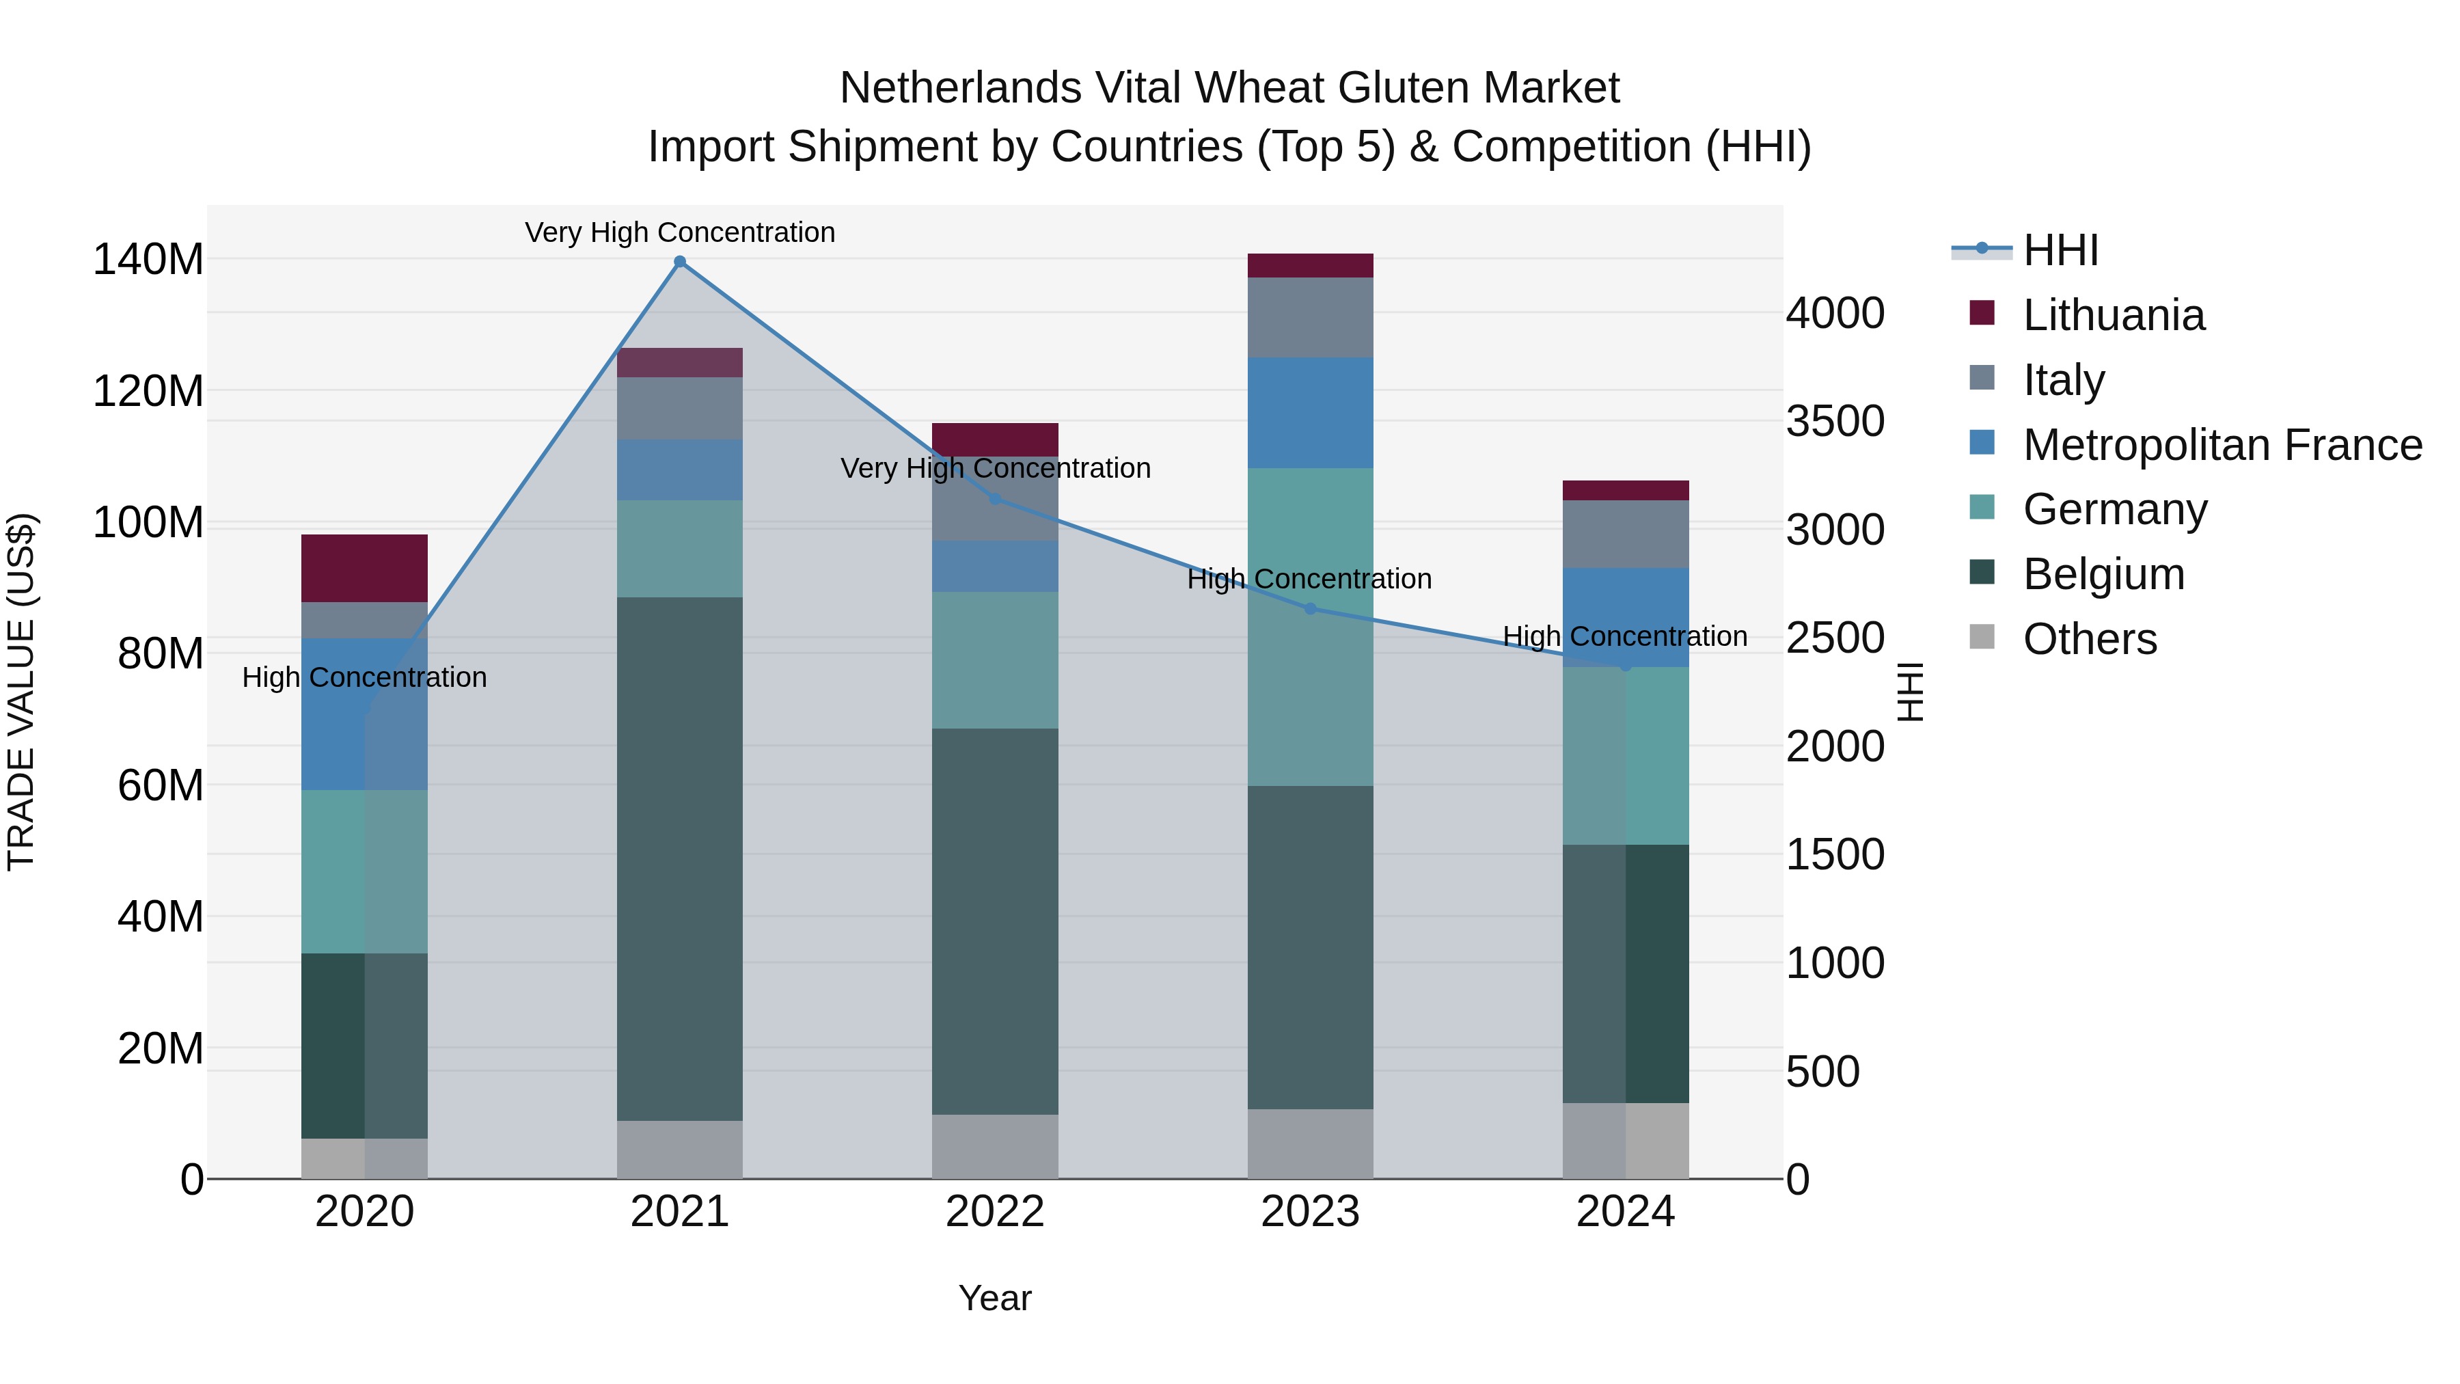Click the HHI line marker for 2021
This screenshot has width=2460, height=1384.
[680, 262]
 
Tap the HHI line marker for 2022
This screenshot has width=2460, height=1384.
[995, 499]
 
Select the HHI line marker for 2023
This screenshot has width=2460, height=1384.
[1310, 608]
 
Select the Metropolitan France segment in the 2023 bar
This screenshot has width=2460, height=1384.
[1310, 413]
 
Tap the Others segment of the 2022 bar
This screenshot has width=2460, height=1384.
[995, 1146]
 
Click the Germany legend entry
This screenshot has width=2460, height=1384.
[2114, 509]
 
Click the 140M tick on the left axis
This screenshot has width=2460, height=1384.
[148, 260]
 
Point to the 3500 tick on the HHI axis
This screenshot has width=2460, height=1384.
[1835, 421]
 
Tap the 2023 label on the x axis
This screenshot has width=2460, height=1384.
[1310, 1211]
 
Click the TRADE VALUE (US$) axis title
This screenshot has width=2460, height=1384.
[21, 692]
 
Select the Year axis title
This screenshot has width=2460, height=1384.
[995, 1298]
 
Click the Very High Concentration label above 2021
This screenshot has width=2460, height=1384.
[680, 232]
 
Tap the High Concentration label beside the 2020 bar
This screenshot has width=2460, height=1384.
[364, 677]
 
